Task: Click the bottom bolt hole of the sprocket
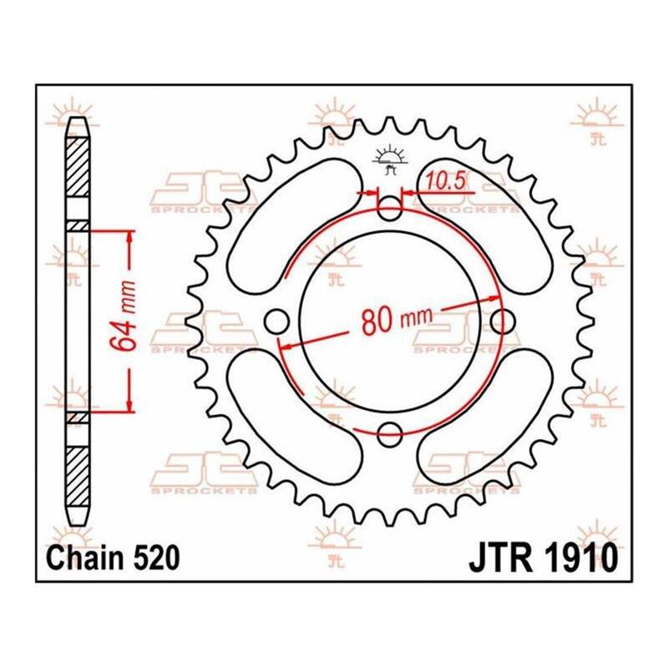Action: pos(389,435)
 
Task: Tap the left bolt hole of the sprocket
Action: pos(276,322)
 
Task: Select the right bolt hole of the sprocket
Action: pos(503,322)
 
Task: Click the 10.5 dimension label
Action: pos(444,182)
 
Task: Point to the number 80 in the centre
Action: pos(377,321)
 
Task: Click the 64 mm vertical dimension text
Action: pos(124,316)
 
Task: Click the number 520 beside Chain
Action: pos(157,558)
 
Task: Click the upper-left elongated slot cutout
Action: pos(295,226)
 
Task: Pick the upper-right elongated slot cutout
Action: pos(485,226)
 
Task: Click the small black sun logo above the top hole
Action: pos(389,160)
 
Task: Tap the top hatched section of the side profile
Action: pos(78,167)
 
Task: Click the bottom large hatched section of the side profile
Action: pos(78,477)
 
